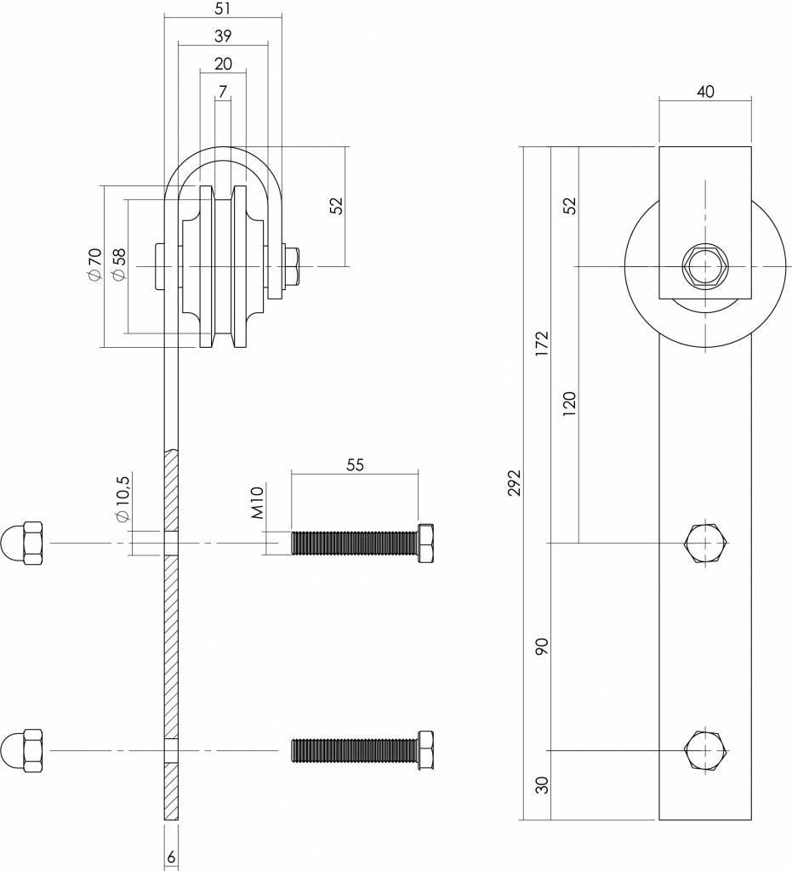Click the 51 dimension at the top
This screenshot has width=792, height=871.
pyautogui.click(x=223, y=9)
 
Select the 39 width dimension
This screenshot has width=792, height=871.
pyautogui.click(x=223, y=36)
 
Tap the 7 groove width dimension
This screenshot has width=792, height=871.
pyautogui.click(x=223, y=92)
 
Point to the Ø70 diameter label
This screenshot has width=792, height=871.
pyautogui.click(x=94, y=264)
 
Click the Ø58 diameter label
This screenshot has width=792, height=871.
pyautogui.click(x=118, y=264)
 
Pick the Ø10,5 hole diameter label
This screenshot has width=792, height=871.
pyautogui.click(x=123, y=498)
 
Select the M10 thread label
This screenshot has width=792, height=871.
pyautogui.click(x=257, y=502)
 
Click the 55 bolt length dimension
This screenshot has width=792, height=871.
pyautogui.click(x=355, y=464)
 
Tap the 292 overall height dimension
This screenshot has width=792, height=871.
pyautogui.click(x=515, y=483)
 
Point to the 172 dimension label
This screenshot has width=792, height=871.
pyautogui.click(x=542, y=344)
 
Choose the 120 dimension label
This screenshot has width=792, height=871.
pyautogui.click(x=569, y=404)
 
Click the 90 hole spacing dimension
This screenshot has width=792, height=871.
pyautogui.click(x=542, y=646)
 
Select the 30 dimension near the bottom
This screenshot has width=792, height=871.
pyautogui.click(x=542, y=785)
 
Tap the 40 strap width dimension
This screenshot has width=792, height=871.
pyautogui.click(x=704, y=92)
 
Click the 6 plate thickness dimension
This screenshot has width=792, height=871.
pyautogui.click(x=171, y=857)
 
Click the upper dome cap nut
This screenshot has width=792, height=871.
pyautogui.click(x=22, y=543)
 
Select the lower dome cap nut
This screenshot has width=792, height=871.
pyautogui.click(x=22, y=750)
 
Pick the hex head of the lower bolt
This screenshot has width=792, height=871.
pyautogui.click(x=426, y=750)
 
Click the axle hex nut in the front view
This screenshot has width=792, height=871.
pyautogui.click(x=704, y=266)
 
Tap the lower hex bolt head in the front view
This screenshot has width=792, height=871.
pyautogui.click(x=705, y=750)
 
